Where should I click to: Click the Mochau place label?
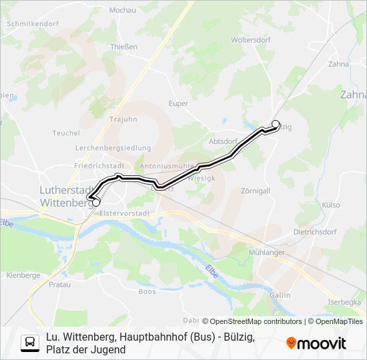(122, 10)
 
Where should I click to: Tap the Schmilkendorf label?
(32, 23)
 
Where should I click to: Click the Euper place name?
(178, 103)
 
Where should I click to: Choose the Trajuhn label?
(123, 119)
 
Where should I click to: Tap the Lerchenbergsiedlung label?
(113, 148)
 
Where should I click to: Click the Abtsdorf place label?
(223, 141)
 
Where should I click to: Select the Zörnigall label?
(256, 191)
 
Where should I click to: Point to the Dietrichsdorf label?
(315, 232)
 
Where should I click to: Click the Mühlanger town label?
(267, 253)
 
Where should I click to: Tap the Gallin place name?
(280, 295)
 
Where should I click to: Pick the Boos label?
(147, 291)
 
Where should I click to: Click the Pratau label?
(60, 284)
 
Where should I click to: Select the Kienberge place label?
(23, 275)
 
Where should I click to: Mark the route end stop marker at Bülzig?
(276, 123)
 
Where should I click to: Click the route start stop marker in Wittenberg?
(96, 202)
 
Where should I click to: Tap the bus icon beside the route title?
(30, 343)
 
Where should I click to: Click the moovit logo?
(316, 343)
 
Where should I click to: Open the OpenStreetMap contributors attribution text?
(252, 321)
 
